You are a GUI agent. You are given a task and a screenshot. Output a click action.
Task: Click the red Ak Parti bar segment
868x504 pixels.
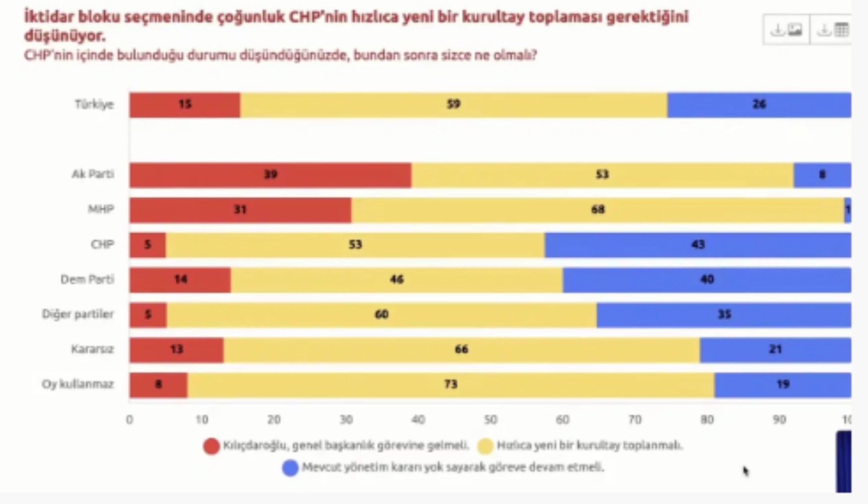[x=270, y=175]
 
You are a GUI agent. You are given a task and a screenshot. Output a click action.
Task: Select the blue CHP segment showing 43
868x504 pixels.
[x=698, y=245]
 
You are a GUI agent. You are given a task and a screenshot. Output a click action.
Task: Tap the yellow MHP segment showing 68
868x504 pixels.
[x=598, y=210]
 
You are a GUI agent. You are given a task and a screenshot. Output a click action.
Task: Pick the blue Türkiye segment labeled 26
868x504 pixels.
[x=759, y=105]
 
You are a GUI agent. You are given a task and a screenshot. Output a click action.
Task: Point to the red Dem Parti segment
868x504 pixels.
[x=180, y=280]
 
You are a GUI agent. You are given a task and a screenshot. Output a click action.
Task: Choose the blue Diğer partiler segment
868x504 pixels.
[x=724, y=315]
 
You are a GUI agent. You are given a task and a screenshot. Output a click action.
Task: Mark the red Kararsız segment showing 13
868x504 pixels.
[x=176, y=350]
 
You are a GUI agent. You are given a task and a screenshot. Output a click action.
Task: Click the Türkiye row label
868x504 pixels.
[x=94, y=104]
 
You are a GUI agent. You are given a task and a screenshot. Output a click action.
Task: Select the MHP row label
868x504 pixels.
[x=101, y=209]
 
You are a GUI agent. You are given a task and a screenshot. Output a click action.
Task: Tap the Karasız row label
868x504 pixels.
[x=92, y=349]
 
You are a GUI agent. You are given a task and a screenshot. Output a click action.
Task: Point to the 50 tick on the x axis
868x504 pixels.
[x=490, y=419]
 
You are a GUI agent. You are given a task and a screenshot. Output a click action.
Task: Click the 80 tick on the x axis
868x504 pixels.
[x=707, y=419]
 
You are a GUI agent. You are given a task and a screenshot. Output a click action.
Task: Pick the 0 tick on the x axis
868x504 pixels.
[x=130, y=419]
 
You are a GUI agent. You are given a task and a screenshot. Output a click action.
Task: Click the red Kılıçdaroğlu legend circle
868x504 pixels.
[x=211, y=446]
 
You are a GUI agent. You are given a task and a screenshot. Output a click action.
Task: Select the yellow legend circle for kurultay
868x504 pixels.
[x=485, y=446]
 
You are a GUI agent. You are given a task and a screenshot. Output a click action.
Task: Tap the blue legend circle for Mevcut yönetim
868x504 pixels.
[x=290, y=468]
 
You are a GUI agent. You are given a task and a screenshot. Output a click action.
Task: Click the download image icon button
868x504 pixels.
[x=786, y=30]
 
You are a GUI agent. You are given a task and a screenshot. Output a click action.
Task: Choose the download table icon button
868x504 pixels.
[x=832, y=30]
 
